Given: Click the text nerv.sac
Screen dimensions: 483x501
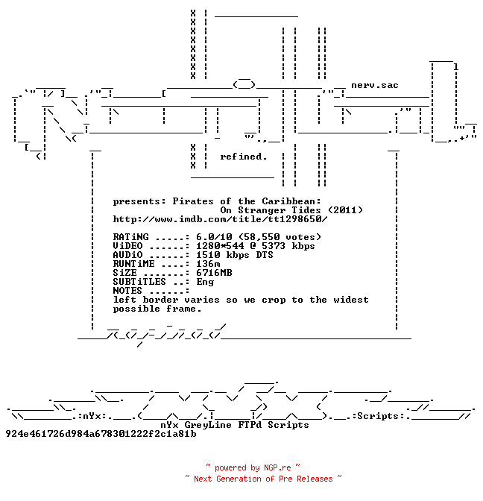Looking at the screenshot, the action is click(x=375, y=85).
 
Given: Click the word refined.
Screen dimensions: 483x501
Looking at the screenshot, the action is click(x=244, y=157).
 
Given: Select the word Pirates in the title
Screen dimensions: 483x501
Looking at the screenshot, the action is click(x=193, y=201).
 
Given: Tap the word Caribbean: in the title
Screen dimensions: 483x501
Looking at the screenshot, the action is click(x=291, y=201).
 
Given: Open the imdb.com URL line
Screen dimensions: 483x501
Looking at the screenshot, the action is click(x=221, y=219).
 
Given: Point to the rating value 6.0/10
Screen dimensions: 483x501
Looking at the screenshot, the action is click(x=214, y=237).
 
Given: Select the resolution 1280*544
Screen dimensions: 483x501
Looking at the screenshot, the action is click(x=220, y=246).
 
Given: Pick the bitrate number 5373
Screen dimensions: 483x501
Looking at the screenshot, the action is click(x=274, y=246).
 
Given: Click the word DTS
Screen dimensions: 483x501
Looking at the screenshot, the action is click(x=265, y=255).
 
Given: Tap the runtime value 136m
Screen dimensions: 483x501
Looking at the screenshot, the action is click(x=208, y=264).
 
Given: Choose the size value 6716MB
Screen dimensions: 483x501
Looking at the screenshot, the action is click(x=214, y=273).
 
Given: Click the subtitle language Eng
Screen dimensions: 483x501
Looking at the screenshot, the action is click(x=205, y=282).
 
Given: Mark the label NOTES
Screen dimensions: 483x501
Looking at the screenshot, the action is click(x=127, y=291).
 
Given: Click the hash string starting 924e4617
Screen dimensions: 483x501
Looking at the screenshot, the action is click(x=101, y=434).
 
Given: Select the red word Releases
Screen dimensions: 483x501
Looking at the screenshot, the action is click(x=315, y=479).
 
